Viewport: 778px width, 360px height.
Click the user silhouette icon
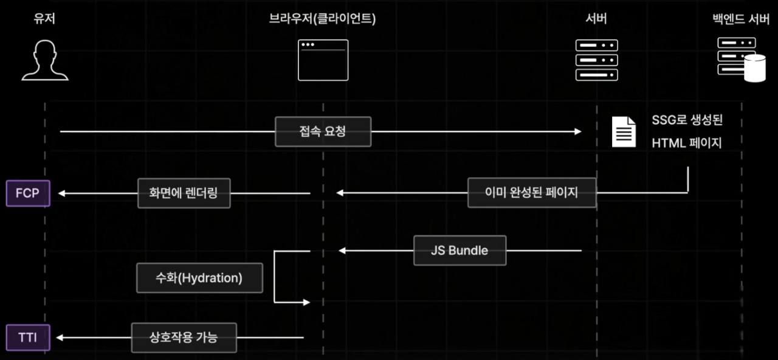(x=45, y=60)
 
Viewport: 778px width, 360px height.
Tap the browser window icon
(x=323, y=60)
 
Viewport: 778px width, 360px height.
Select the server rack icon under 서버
(x=596, y=60)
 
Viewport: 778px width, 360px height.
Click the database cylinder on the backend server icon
(x=755, y=67)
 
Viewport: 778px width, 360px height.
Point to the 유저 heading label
(x=45, y=19)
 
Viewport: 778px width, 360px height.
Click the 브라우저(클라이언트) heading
(x=323, y=19)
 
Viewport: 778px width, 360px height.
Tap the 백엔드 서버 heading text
(x=741, y=19)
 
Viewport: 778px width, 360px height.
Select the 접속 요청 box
(x=323, y=131)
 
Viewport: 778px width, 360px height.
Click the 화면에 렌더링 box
(x=184, y=193)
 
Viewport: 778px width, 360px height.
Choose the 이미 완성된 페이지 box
(x=532, y=193)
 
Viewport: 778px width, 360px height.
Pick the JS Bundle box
(x=460, y=250)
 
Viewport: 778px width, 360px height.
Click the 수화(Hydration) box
(x=199, y=278)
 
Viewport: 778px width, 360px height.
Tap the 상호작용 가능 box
(x=184, y=337)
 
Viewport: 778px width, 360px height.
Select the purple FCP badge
(x=28, y=193)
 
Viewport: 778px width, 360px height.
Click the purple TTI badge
(x=28, y=337)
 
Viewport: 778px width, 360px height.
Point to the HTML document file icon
(x=624, y=131)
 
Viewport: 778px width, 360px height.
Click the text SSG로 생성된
(x=687, y=120)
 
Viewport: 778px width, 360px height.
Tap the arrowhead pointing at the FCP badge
(x=62, y=193)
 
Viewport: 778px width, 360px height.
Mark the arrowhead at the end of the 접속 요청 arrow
(x=578, y=131)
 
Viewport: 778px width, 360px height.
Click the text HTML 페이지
(x=687, y=144)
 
